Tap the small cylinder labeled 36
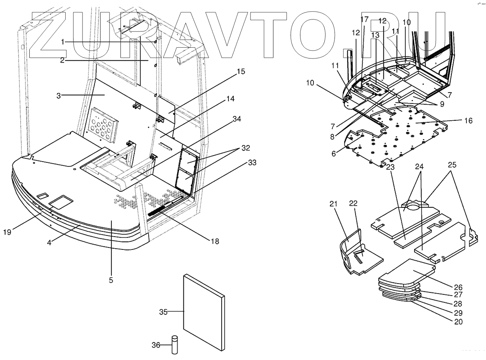point(175,345)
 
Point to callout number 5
point(111,280)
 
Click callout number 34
point(236,119)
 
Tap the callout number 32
point(245,148)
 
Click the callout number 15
point(240,71)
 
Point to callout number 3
point(58,96)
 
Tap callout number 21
point(333,204)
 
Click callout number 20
point(458,321)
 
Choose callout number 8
point(332,137)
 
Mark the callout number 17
point(364,19)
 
